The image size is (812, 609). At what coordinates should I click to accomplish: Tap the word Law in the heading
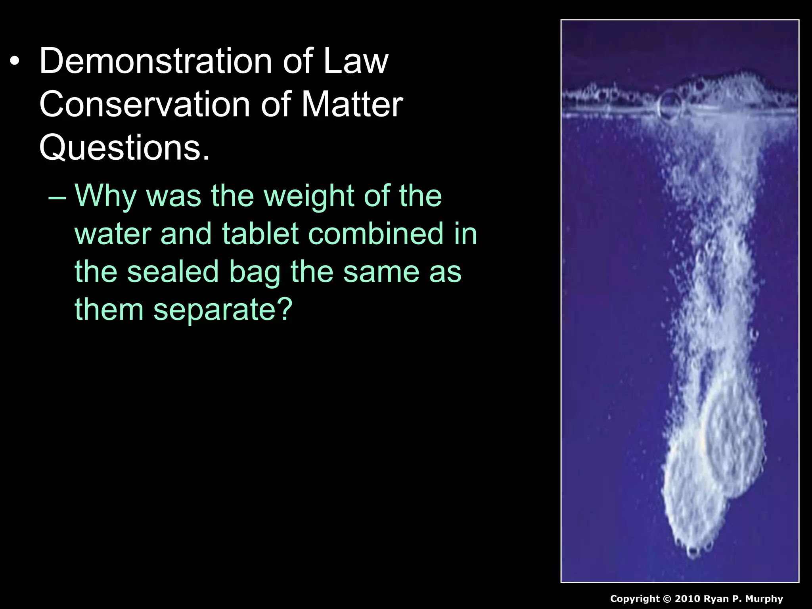356,61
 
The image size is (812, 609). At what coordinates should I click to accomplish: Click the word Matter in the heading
352,104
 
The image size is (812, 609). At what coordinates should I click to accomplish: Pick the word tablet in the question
260,234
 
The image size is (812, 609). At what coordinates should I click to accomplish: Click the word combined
375,234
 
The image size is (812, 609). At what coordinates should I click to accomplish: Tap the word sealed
172,272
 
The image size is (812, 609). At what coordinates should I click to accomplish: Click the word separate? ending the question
223,310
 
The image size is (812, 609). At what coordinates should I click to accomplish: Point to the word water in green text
113,234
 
